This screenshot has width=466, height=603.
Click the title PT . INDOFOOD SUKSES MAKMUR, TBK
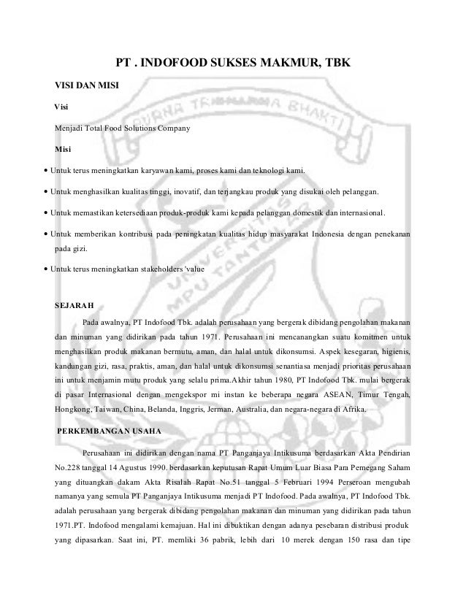(x=234, y=64)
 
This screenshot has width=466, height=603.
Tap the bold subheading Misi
(x=64, y=150)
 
